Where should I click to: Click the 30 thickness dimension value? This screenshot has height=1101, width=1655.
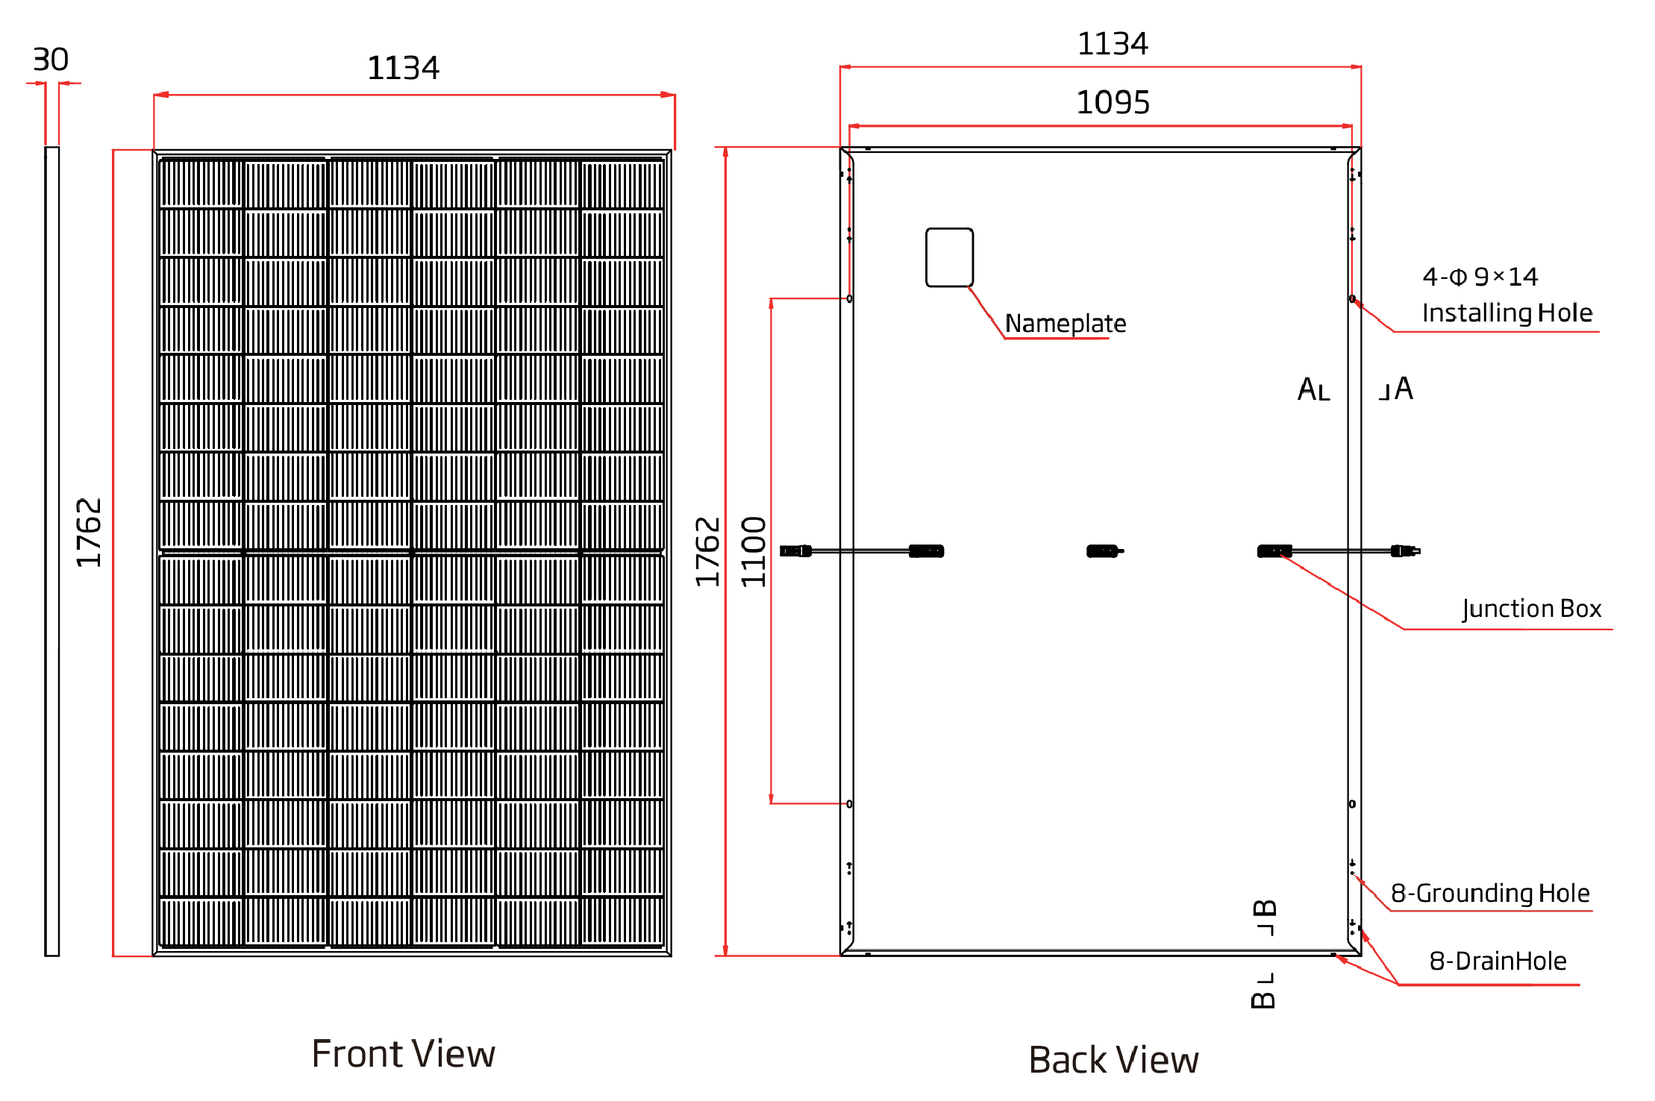click(51, 60)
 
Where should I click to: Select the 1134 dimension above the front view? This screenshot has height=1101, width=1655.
click(403, 68)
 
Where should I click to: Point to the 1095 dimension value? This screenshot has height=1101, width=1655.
click(1113, 102)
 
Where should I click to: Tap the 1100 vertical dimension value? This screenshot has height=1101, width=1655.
click(754, 551)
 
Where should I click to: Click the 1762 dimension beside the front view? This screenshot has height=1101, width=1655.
click(89, 533)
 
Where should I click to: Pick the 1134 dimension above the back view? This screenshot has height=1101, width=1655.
click(1113, 44)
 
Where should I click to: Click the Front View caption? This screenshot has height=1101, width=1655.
click(403, 1053)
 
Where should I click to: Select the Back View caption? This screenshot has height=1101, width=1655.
click(1113, 1059)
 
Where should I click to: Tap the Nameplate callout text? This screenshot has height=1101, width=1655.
click(1066, 323)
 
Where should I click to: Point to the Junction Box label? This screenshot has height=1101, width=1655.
click(1532, 609)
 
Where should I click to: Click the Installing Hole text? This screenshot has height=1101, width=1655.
click(1507, 313)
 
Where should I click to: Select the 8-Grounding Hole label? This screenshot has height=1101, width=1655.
click(1490, 893)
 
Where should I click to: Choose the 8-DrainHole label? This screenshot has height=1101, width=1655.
click(1498, 961)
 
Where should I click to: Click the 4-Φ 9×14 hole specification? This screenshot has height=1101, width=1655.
click(1480, 277)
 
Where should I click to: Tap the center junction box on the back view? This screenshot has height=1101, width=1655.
click(1104, 551)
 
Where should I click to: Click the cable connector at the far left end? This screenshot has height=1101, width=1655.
click(795, 551)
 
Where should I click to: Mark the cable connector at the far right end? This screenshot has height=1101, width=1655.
click(1405, 551)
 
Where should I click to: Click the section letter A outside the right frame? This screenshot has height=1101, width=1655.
click(1404, 389)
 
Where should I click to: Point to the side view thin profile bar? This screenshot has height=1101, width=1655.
click(51, 551)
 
